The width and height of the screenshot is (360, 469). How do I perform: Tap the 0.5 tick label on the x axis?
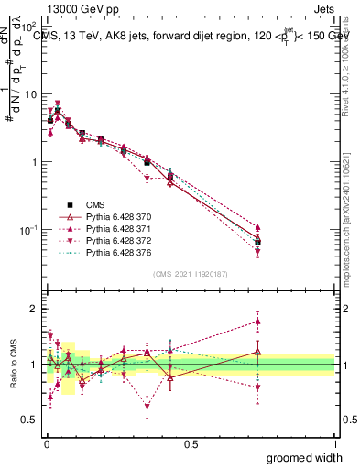coord(190,443)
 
